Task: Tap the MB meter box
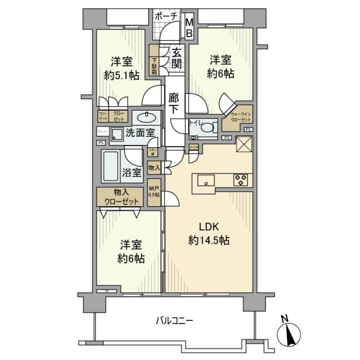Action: pos(190,28)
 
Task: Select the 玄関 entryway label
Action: pos(177,58)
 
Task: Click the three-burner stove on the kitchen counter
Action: pos(240,180)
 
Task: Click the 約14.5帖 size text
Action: pos(208,240)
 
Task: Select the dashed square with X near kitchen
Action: pos(244,144)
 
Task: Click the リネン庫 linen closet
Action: pos(153,151)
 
